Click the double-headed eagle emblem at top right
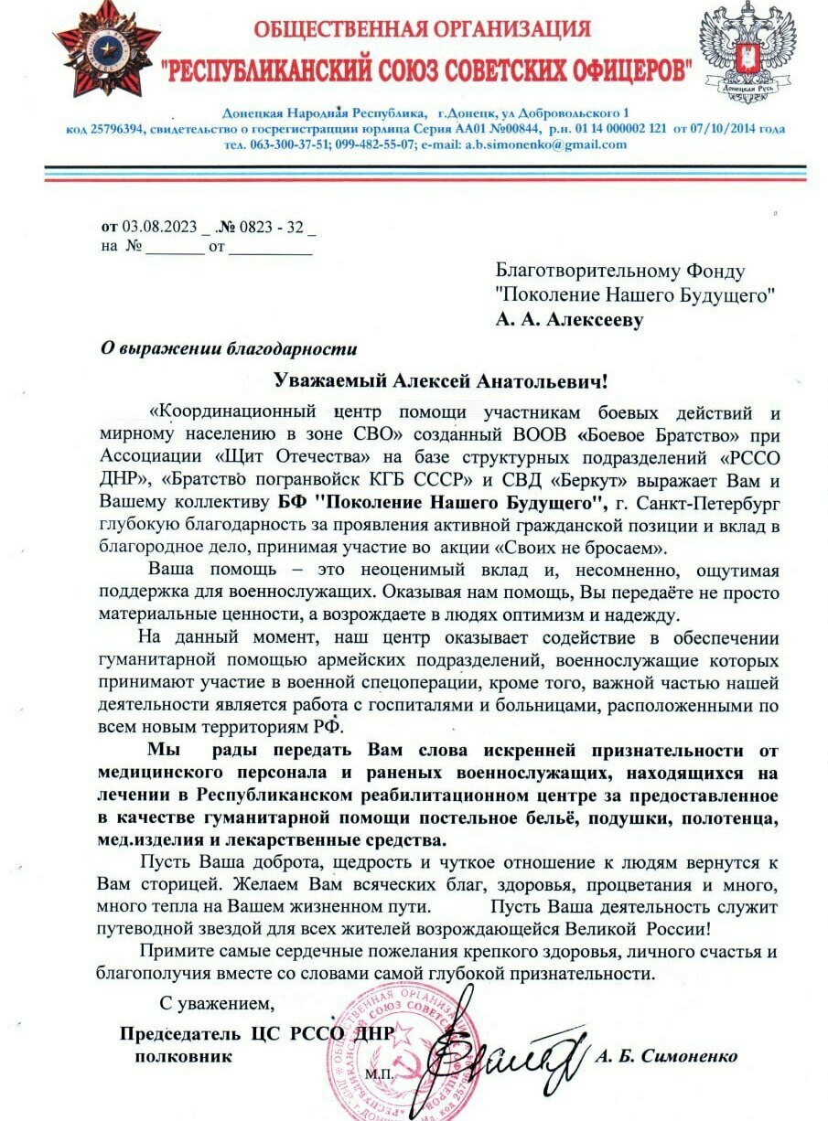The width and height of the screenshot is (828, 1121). [x=747, y=52]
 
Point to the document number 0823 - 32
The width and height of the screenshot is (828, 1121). [x=272, y=228]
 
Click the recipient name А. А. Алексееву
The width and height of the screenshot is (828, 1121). [x=569, y=320]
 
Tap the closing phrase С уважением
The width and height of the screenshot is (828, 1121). [x=217, y=1004]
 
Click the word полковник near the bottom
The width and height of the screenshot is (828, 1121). [x=183, y=1056]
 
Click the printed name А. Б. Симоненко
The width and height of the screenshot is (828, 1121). [x=666, y=1057]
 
